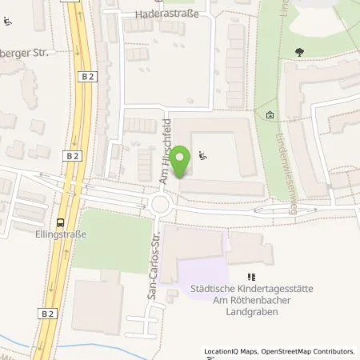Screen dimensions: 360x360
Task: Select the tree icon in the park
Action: point(299,51)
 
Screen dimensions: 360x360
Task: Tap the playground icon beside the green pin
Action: point(202,156)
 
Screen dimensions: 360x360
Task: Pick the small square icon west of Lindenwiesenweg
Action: point(270,115)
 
